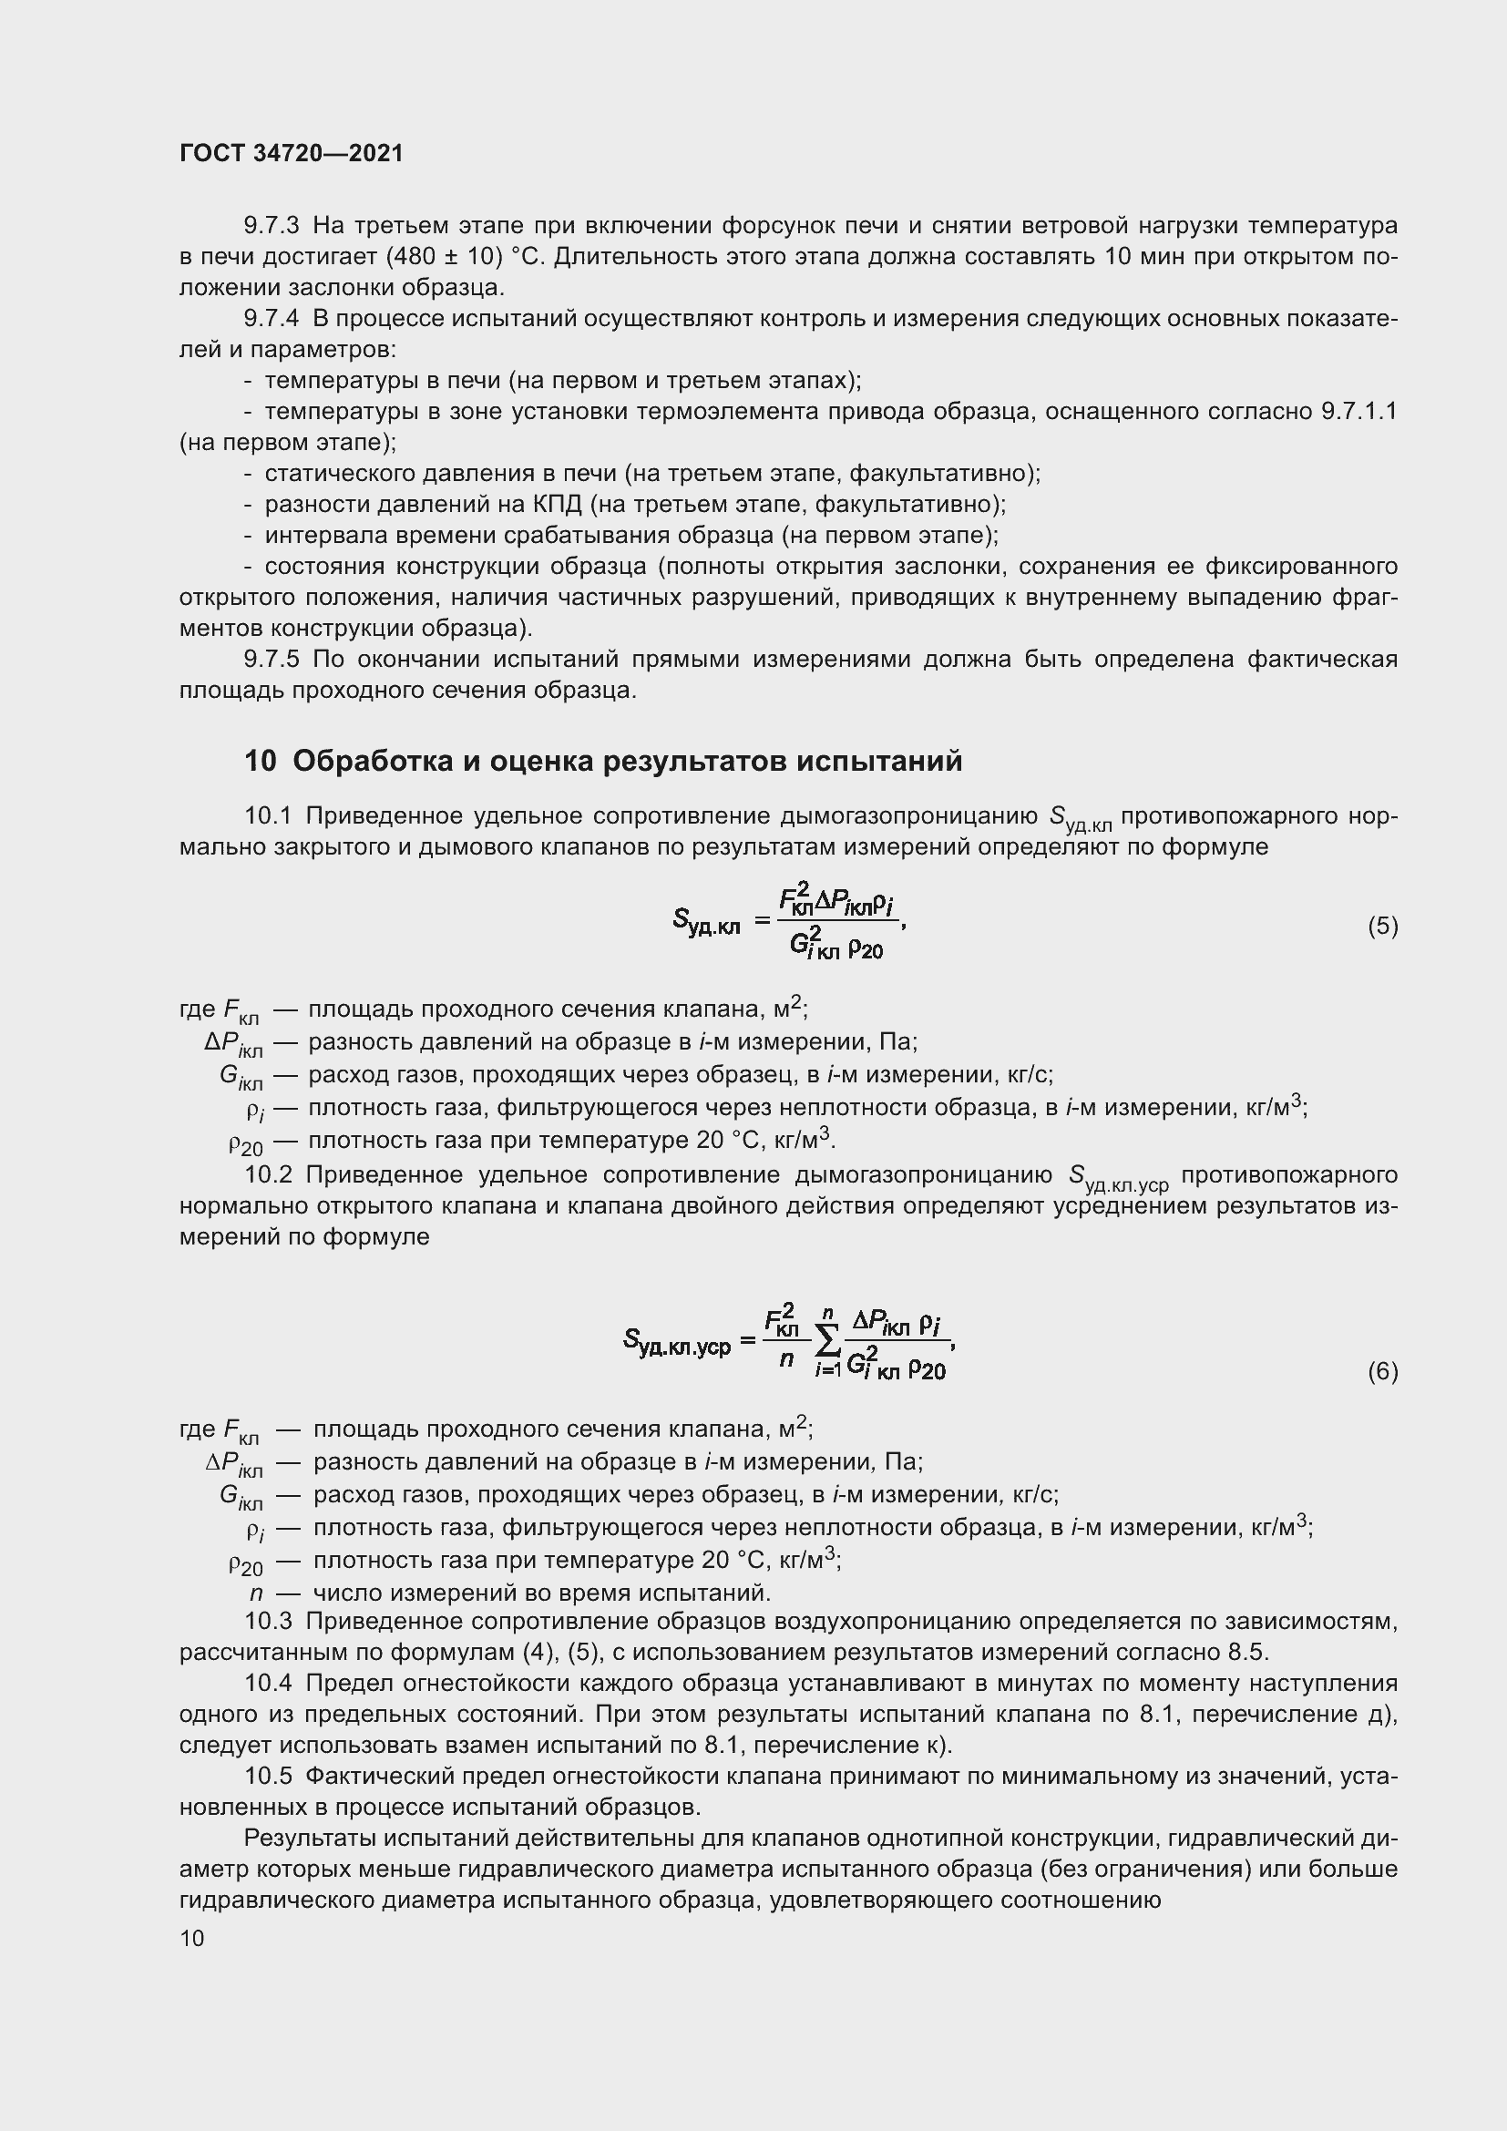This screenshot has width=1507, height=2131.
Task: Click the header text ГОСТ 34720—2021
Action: tap(292, 154)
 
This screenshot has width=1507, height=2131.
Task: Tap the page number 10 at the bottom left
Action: tap(192, 1938)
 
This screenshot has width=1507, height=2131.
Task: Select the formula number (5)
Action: tap(1382, 926)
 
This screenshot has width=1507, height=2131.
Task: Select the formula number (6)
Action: tap(1382, 1371)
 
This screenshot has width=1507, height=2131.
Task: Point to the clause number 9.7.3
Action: tap(271, 226)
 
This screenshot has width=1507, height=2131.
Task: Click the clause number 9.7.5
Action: tap(271, 659)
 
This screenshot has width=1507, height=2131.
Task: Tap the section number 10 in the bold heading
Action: tap(260, 761)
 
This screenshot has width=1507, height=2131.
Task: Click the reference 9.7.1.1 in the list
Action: tap(1358, 411)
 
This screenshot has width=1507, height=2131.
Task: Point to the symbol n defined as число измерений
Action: tap(256, 1593)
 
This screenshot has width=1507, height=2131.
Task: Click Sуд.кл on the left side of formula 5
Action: tap(706, 922)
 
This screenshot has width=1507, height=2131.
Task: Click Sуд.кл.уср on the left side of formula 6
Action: tap(676, 1342)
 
